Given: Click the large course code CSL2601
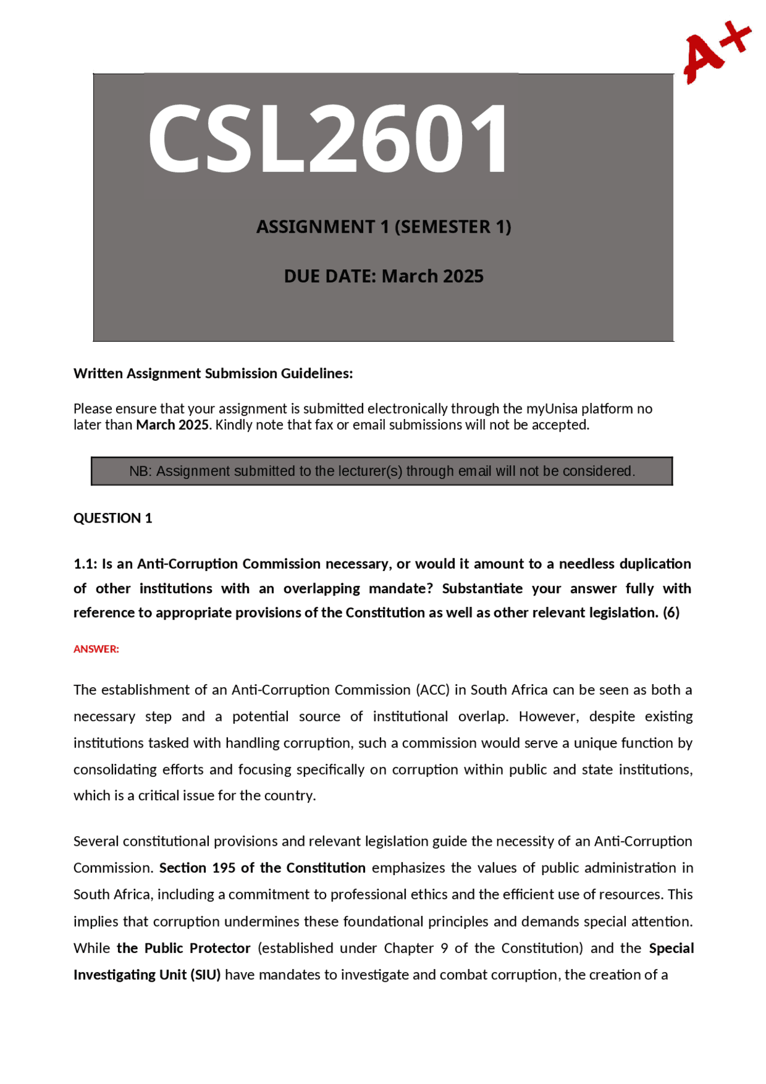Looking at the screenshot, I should pos(329,139).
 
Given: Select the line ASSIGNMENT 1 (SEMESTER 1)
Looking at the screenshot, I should pos(384,227).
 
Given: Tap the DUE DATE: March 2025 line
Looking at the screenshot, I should pos(384,276).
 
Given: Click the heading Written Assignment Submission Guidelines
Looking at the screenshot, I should pos(213,374).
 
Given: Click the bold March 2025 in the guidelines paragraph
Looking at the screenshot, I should pos(172,425).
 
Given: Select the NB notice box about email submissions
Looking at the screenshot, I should pos(382,471).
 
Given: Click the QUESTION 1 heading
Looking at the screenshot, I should pos(113,518).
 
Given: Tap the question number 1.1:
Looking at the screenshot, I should pos(85,564).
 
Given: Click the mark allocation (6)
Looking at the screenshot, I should pos(671,613).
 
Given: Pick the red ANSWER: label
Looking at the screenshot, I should pos(96,649).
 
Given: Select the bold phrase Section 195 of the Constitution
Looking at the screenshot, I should pos(262,868).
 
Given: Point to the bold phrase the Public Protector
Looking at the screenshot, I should pos(183,948).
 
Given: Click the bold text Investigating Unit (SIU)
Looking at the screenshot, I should pos(147,975).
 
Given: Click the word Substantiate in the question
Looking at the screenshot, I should pos(482,588).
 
